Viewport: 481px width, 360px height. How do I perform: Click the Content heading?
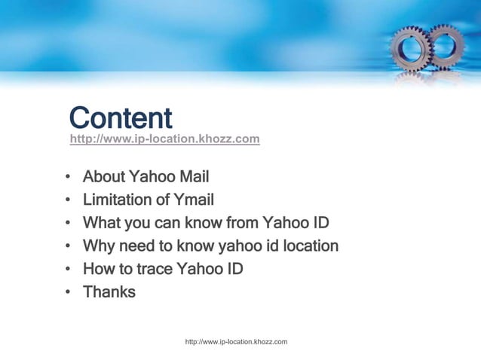click(121, 118)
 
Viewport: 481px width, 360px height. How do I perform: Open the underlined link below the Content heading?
click(164, 139)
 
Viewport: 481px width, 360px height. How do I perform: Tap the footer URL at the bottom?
click(237, 343)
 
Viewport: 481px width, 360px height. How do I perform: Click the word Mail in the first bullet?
click(194, 178)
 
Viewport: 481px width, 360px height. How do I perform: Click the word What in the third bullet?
click(100, 223)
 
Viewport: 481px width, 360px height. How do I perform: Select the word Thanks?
click(109, 291)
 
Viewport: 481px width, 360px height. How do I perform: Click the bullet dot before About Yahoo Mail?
click(68, 178)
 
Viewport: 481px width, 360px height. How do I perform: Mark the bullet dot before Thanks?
click(68, 292)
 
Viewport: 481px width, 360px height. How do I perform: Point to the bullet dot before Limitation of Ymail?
click(68, 201)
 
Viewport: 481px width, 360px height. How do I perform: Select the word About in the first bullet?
click(103, 178)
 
